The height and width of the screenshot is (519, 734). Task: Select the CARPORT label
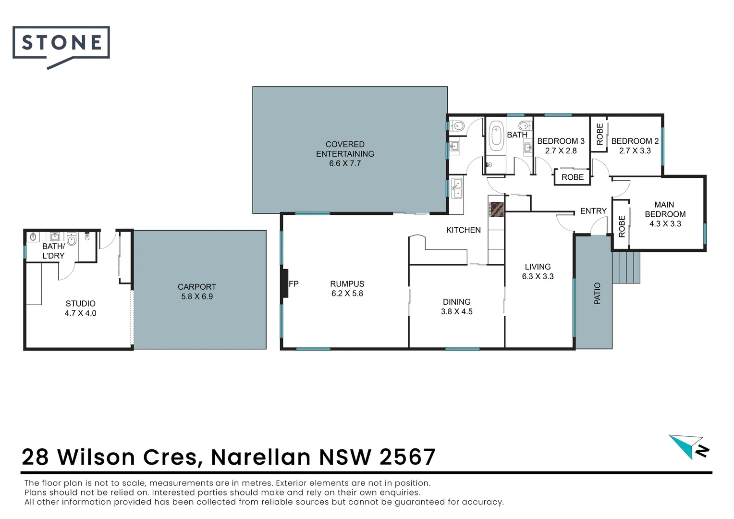tap(197, 287)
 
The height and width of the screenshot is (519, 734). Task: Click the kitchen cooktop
tap(496, 209)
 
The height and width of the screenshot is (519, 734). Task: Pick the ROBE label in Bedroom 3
tap(573, 177)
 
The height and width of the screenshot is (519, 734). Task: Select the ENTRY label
tap(593, 211)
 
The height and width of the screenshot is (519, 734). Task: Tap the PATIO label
tap(597, 293)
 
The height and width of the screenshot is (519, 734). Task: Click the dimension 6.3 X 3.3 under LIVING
tap(538, 276)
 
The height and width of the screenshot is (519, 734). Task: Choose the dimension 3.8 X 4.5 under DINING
tap(456, 311)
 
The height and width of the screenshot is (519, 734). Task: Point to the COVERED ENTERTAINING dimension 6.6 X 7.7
tap(345, 163)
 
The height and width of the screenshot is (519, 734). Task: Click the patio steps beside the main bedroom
tap(627, 267)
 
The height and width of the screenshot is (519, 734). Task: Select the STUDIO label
tap(81, 303)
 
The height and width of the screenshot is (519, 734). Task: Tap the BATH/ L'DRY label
tap(53, 251)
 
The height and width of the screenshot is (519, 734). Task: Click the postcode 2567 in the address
tap(407, 457)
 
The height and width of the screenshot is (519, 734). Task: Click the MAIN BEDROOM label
tap(665, 210)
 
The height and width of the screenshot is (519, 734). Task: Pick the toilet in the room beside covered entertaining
tap(458, 126)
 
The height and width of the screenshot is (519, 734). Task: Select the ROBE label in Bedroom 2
tap(599, 134)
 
